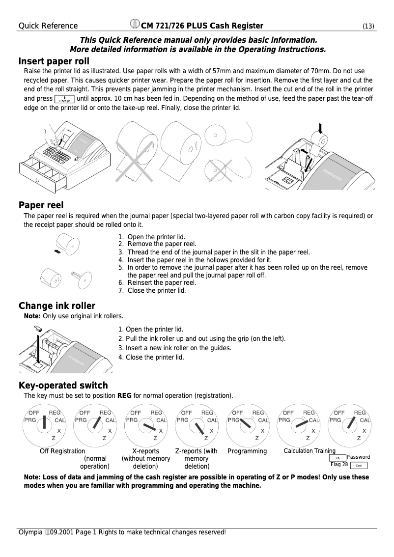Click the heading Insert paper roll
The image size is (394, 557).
point(54,61)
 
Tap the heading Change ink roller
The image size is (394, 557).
point(57,306)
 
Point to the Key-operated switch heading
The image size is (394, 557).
point(63,385)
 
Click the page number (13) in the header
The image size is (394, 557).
point(369,26)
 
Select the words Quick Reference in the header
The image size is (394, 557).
point(48,26)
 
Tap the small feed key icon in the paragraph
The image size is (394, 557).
point(65,99)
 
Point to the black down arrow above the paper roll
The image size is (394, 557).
point(320,129)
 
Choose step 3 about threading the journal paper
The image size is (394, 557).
point(218,252)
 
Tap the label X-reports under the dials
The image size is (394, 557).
point(146,451)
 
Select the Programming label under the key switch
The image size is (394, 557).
point(247,451)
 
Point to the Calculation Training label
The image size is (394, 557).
point(310,451)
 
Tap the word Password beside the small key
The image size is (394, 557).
point(358,457)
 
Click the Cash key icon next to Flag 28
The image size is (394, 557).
point(359,465)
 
